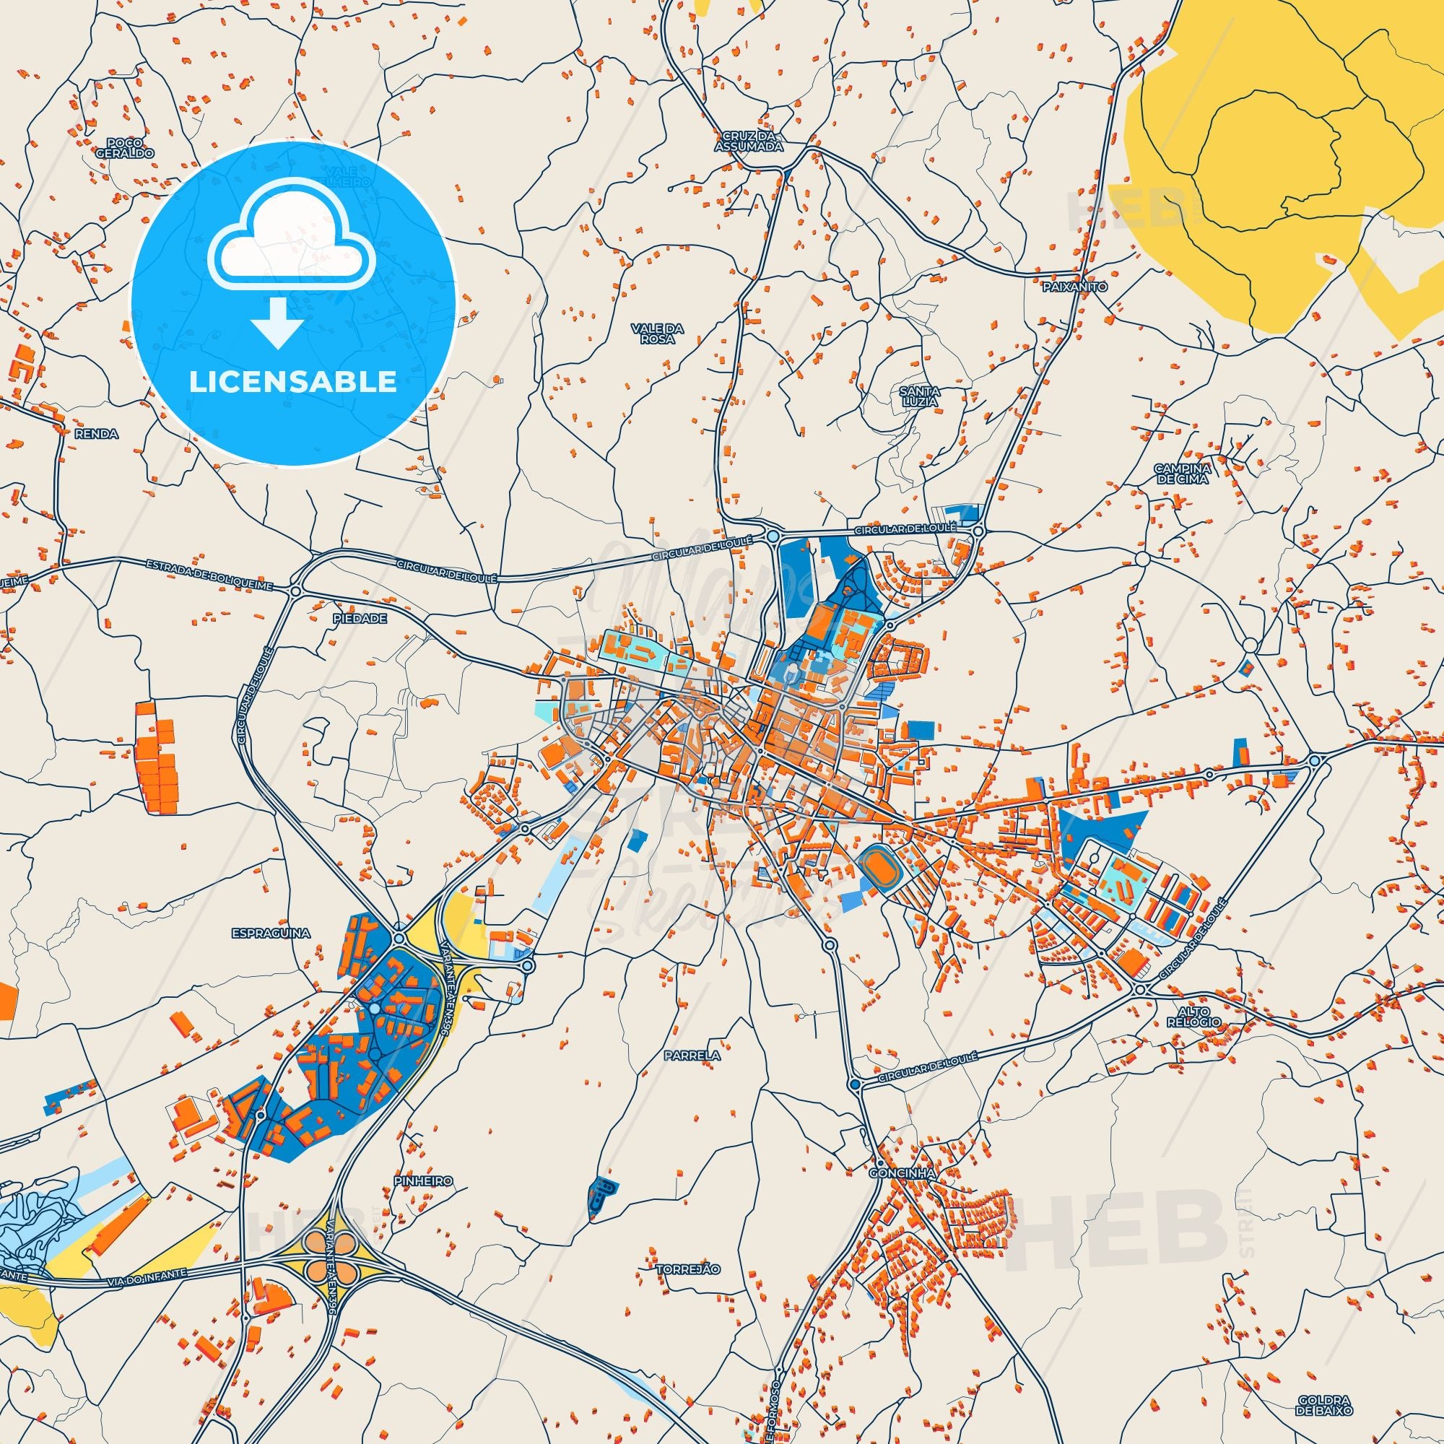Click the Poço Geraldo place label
tap(125, 147)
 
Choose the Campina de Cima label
tap(1182, 473)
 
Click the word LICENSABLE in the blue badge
tap(292, 382)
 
